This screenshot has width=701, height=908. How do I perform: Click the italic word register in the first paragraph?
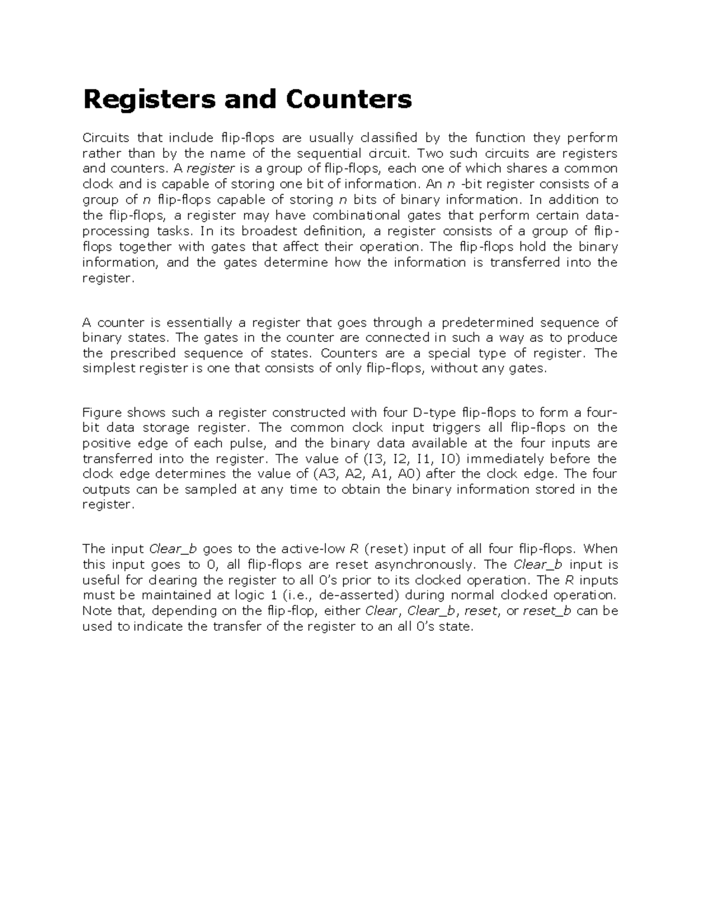(210, 169)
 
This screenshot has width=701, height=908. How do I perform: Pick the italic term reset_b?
(547, 611)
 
